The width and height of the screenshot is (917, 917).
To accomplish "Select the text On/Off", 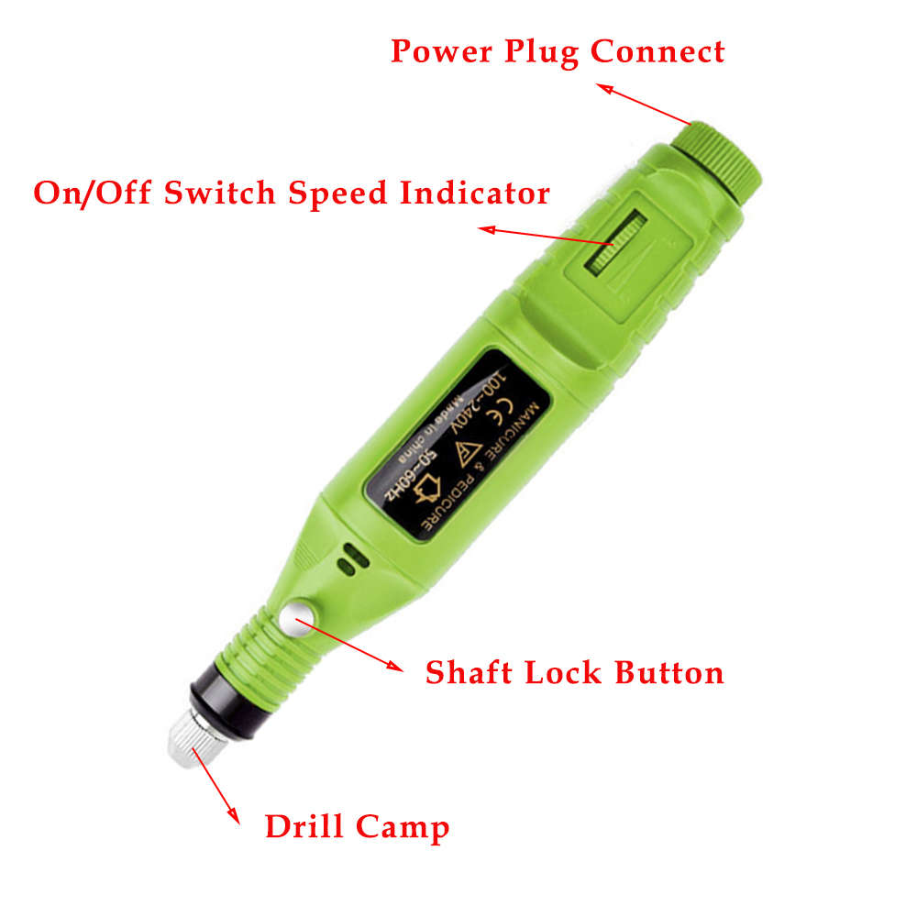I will [89, 193].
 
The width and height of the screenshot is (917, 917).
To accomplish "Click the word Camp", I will [403, 829].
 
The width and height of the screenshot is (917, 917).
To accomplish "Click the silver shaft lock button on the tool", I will [299, 618].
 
